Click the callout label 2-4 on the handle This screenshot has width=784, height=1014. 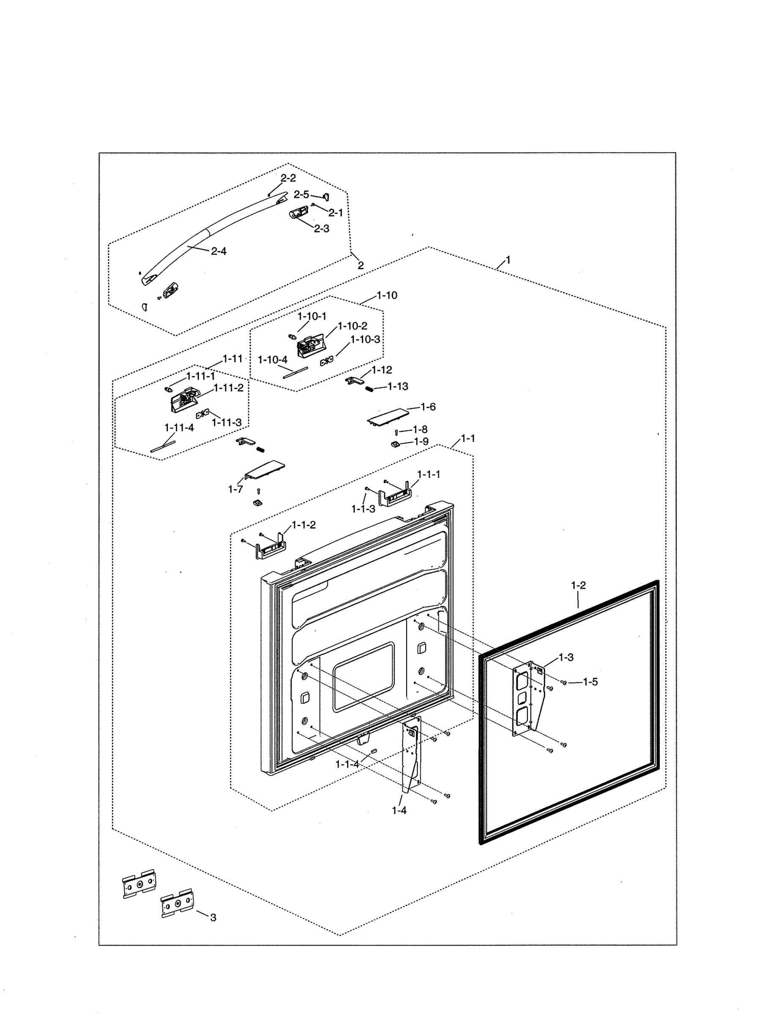[219, 251]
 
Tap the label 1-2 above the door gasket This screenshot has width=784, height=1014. [578, 586]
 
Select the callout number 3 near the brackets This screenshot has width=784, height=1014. [213, 917]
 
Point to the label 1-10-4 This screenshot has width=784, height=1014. [273, 360]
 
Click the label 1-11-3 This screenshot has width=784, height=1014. [227, 422]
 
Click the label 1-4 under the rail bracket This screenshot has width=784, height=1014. [399, 810]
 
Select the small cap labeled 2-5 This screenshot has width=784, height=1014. [327, 197]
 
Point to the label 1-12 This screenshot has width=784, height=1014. [382, 370]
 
